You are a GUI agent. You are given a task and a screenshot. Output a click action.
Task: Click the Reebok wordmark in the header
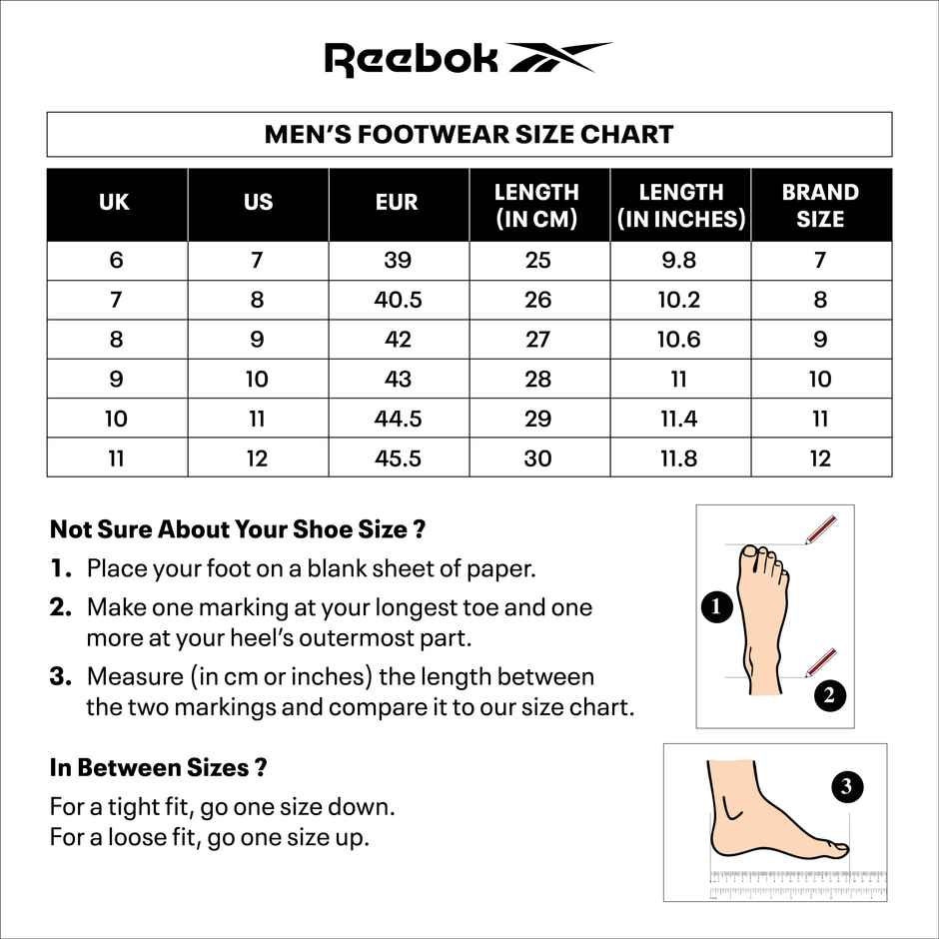[412, 59]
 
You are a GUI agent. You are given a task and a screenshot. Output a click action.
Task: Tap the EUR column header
[397, 203]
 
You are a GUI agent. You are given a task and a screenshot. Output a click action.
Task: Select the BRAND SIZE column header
[820, 205]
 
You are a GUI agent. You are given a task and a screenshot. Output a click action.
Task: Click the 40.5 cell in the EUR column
[397, 300]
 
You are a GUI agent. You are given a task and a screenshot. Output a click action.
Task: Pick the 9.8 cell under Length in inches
[678, 261]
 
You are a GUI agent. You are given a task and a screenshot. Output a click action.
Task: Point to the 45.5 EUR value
[397, 459]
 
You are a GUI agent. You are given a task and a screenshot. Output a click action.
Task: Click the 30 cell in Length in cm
[537, 459]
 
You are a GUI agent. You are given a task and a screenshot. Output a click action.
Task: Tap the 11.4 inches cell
[678, 419]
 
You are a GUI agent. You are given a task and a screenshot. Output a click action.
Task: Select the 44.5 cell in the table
[397, 419]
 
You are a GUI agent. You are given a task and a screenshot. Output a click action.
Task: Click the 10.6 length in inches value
[678, 340]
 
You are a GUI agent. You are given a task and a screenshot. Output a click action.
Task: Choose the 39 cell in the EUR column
[397, 261]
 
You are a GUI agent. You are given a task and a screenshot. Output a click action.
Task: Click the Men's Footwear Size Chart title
[469, 135]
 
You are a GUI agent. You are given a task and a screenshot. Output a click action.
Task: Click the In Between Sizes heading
[158, 768]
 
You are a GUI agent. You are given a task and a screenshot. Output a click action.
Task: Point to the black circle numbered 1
[716, 605]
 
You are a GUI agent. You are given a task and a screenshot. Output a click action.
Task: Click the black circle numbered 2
[829, 695]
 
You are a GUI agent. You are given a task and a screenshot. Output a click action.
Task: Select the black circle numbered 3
[846, 787]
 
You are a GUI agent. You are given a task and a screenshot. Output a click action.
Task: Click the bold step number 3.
[61, 676]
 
